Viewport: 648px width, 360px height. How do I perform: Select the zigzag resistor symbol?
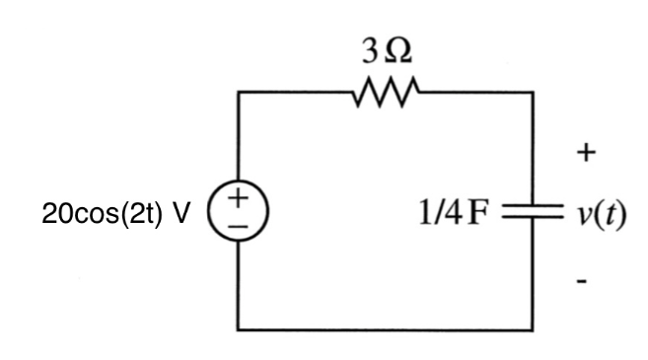click(386, 94)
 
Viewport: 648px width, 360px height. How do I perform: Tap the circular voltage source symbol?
click(239, 211)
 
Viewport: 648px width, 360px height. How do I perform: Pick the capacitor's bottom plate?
click(533, 217)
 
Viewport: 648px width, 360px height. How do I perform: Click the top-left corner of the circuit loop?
click(239, 94)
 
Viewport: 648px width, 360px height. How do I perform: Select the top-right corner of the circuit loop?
click(533, 94)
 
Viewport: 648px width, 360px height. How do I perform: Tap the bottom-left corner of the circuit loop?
click(239, 329)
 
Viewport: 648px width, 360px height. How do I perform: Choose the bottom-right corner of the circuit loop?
click(533, 329)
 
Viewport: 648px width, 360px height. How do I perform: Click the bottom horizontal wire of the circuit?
click(386, 329)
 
